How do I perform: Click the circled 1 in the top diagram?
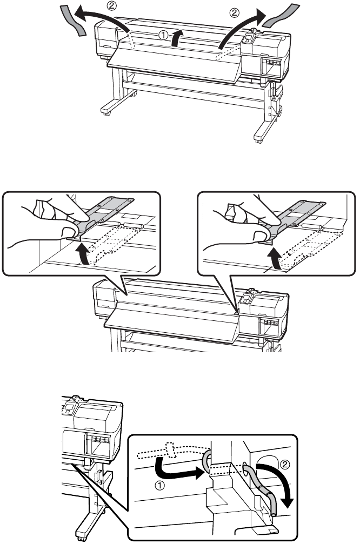point(163,34)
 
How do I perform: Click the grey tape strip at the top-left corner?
point(72,19)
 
